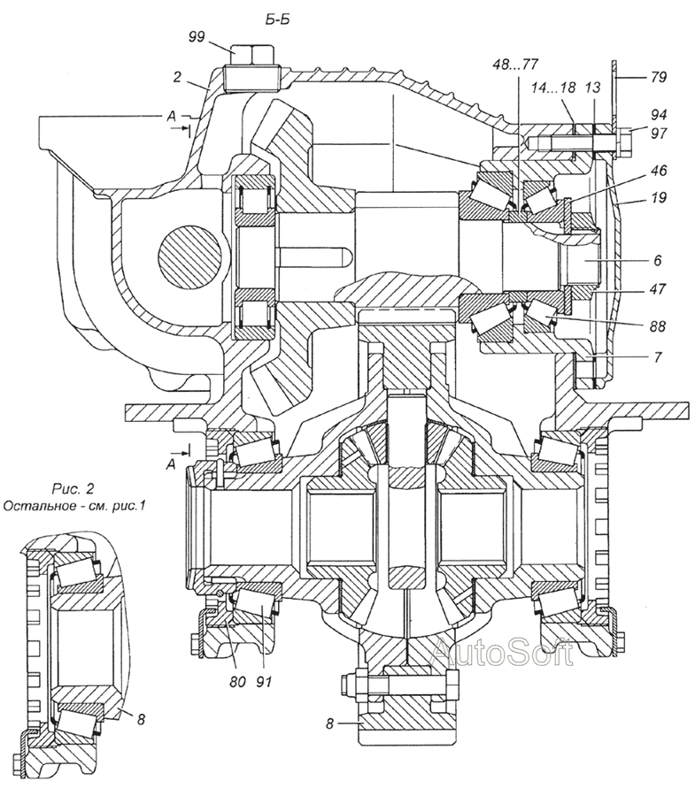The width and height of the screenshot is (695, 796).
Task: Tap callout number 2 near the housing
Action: click(x=176, y=77)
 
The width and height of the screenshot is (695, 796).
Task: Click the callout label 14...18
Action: click(x=553, y=88)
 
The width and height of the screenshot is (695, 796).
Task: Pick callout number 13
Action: click(x=592, y=88)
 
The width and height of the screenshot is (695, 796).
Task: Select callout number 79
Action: click(x=657, y=77)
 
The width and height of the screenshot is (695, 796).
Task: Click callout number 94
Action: click(x=658, y=115)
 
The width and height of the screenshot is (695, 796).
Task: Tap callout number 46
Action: click(x=658, y=171)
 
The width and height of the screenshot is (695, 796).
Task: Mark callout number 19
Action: click(x=658, y=197)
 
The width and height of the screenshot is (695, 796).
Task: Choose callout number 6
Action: click(x=658, y=260)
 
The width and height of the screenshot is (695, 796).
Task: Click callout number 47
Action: click(x=658, y=289)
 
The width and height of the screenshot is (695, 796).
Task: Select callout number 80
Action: click(x=236, y=682)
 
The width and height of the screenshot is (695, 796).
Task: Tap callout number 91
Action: click(x=263, y=682)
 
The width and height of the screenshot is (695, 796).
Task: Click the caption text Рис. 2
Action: click(x=73, y=489)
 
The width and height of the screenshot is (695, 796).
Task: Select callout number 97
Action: click(x=658, y=133)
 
